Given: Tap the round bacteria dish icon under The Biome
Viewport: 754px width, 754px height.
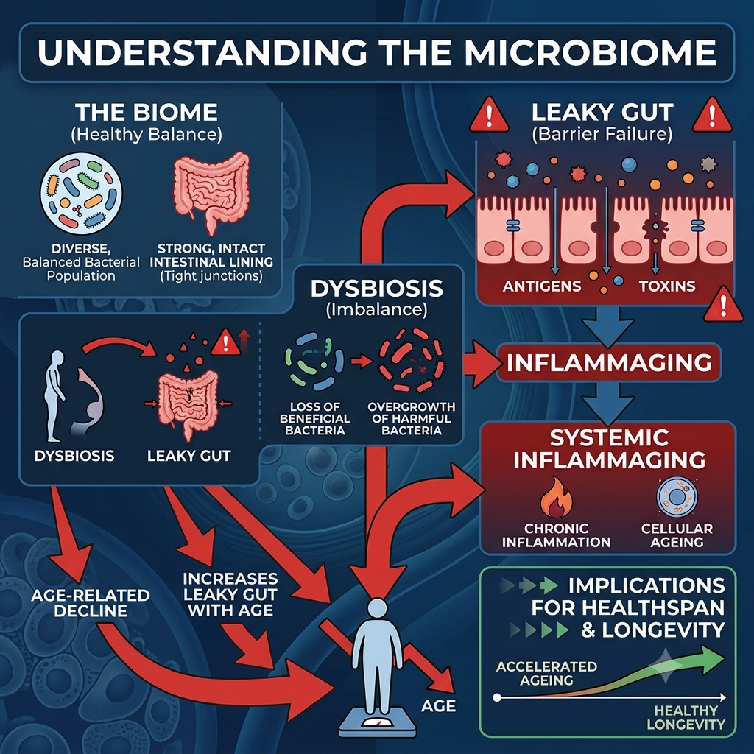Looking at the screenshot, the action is tap(81, 194).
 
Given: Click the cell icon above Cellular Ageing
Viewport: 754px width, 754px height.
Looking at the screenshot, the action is tap(677, 497).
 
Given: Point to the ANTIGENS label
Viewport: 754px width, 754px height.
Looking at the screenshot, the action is tap(542, 286).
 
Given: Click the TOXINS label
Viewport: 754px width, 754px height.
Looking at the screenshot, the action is tap(667, 286).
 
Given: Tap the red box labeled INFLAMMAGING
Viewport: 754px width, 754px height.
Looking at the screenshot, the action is tap(609, 362).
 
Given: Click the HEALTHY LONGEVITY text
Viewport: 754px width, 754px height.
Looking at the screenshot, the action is tap(686, 717).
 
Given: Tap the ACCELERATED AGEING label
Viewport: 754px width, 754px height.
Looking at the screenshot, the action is tap(547, 673).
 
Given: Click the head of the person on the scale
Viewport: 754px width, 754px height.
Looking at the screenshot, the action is tap(378, 609).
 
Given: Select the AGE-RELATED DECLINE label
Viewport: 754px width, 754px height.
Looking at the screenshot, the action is tap(91, 603).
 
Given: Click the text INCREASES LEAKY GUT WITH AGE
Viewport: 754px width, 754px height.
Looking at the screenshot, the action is tap(230, 594).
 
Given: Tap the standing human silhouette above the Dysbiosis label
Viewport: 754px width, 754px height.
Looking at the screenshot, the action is tap(55, 395).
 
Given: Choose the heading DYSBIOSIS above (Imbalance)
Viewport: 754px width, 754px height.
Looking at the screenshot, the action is tap(376, 289).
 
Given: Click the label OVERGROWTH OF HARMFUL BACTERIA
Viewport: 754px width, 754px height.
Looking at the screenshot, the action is tap(411, 418).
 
